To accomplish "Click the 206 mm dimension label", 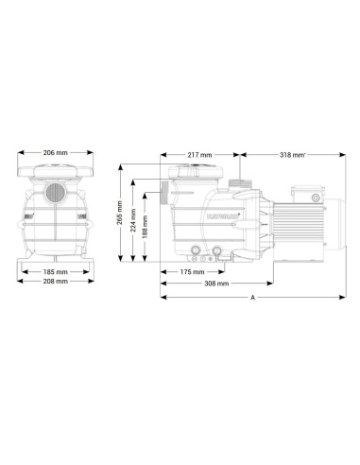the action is pos(56,153).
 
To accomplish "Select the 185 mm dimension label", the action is pos(56,271).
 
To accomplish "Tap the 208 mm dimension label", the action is pos(56,281).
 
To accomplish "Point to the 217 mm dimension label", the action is pos(200,155).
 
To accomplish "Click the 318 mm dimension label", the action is pos(293,155).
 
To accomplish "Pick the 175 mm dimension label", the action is pos(192,271).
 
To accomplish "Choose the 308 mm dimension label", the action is pos(216,284).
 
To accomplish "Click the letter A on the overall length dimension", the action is pos(252,297).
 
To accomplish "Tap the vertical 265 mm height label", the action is pos(120,213).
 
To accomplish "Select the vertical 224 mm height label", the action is pos(133,220).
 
